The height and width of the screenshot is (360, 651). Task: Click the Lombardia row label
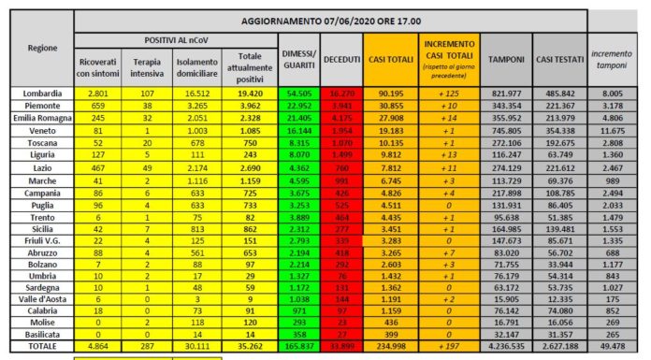click(x=35, y=94)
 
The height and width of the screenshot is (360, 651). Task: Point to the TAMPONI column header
click(x=506, y=61)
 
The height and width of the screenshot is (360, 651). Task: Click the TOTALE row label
click(x=35, y=346)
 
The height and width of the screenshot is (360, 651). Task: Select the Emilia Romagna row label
click(x=35, y=119)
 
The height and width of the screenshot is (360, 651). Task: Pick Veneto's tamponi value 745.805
click(x=506, y=132)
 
